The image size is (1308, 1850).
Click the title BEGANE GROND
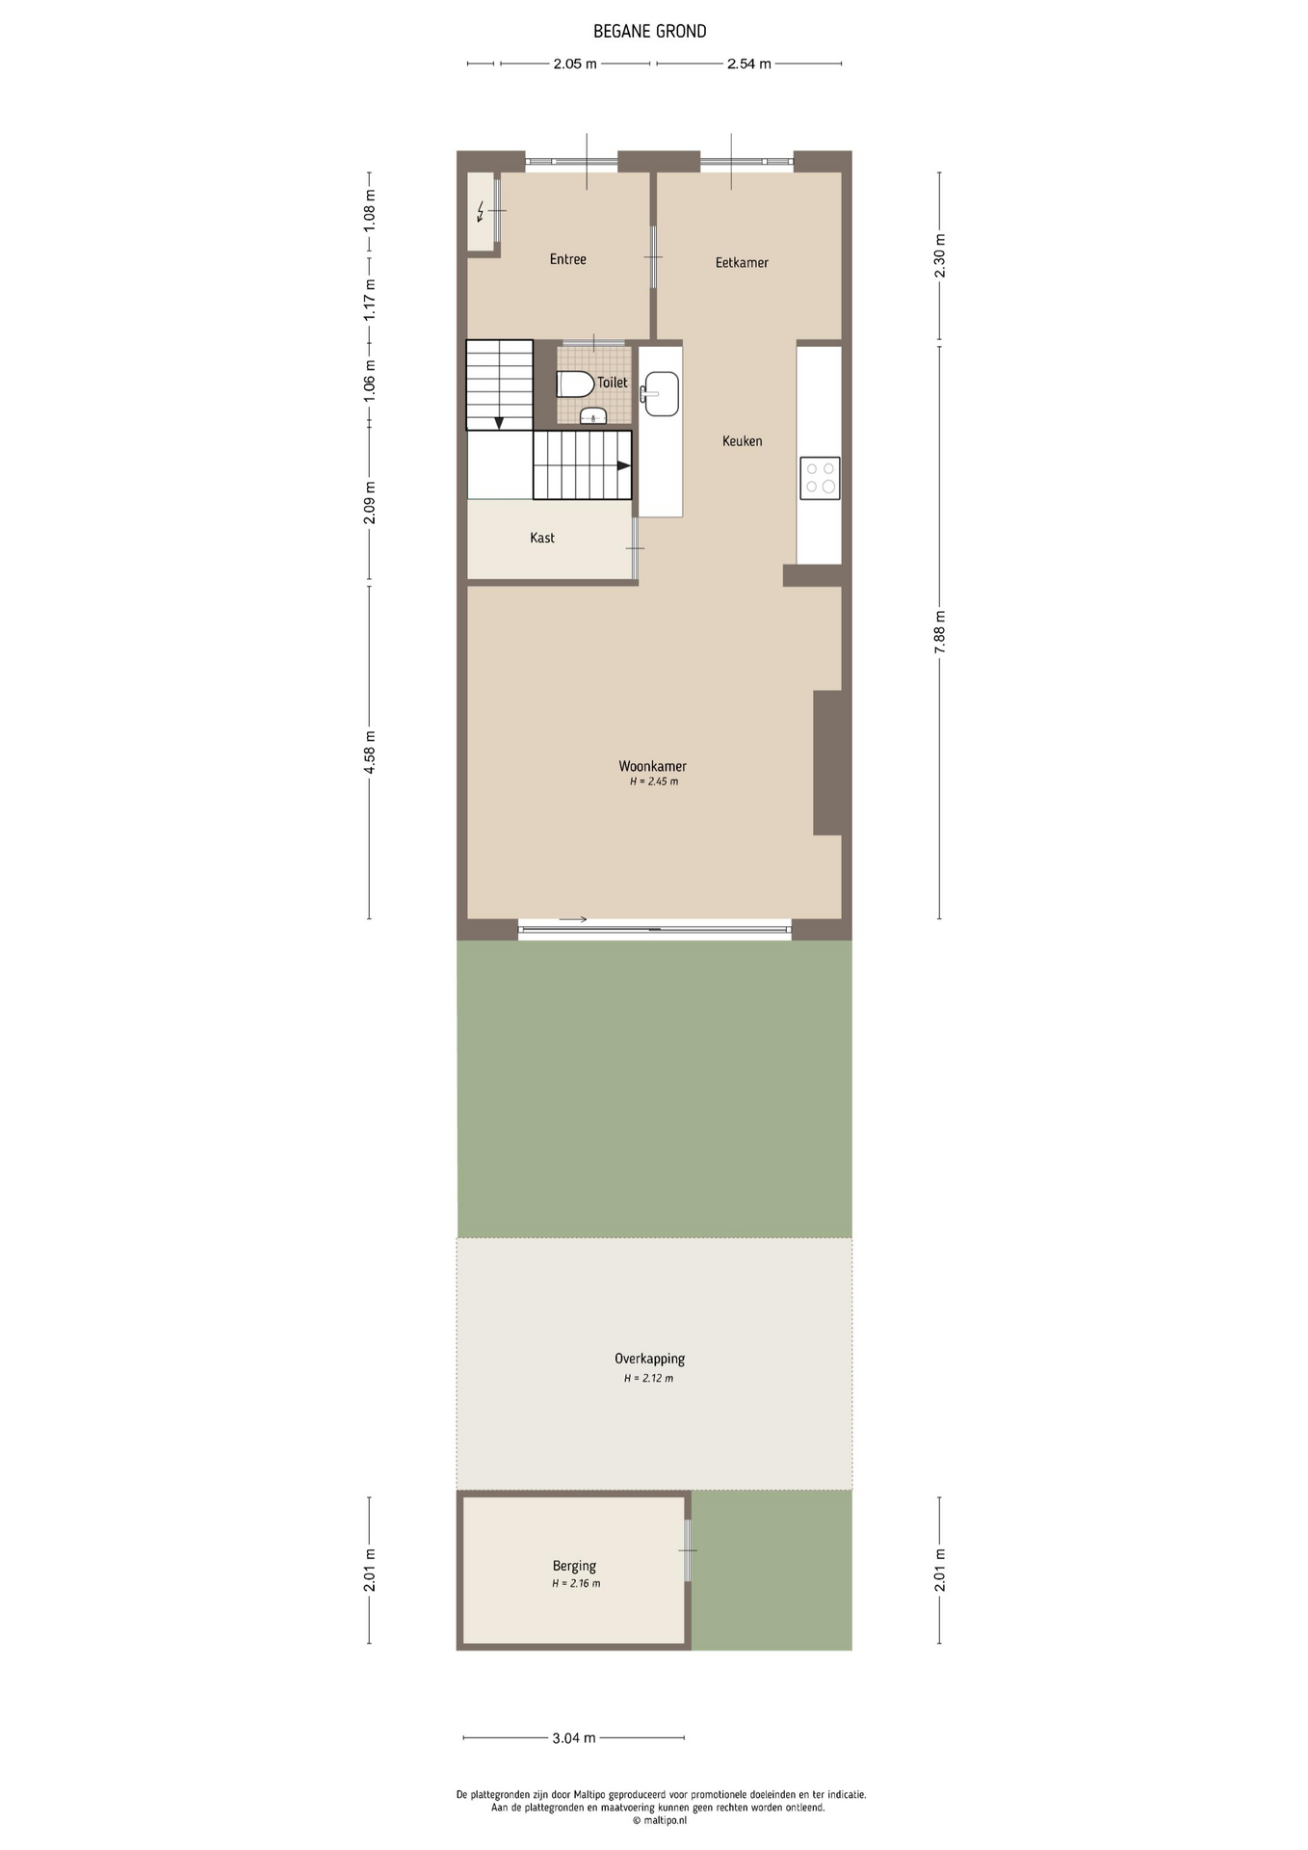pyautogui.click(x=650, y=31)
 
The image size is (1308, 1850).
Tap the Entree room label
pyautogui.click(x=567, y=259)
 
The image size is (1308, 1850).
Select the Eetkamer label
pyautogui.click(x=742, y=262)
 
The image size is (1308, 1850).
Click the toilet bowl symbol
pyautogui.click(x=575, y=383)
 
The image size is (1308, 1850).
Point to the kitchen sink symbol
pyautogui.click(x=661, y=394)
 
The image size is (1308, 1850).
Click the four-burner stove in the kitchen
pyautogui.click(x=820, y=478)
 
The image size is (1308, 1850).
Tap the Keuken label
pyautogui.click(x=742, y=441)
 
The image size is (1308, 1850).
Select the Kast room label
pyautogui.click(x=542, y=538)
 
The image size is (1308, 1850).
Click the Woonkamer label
pyautogui.click(x=652, y=766)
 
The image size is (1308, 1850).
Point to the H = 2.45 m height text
pyautogui.click(x=654, y=781)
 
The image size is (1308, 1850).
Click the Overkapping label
pyautogui.click(x=649, y=1359)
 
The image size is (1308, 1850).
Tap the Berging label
pyautogui.click(x=574, y=1566)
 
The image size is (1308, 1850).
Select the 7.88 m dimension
pyautogui.click(x=940, y=632)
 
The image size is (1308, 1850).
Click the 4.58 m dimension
pyautogui.click(x=369, y=753)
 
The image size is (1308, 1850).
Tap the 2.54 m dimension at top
pyautogui.click(x=749, y=64)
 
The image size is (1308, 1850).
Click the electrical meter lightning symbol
pyautogui.click(x=481, y=211)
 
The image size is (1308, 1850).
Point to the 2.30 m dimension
pyautogui.click(x=940, y=256)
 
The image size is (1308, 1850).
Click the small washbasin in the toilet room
pyautogui.click(x=593, y=416)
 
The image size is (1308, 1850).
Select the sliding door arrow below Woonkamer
pyautogui.click(x=573, y=919)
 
